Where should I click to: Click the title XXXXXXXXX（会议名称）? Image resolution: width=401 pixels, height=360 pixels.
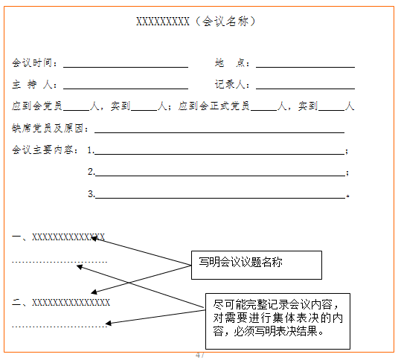coord(196,22)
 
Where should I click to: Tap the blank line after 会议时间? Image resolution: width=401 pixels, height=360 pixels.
coord(126,67)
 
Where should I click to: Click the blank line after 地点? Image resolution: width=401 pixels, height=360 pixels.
coord(305,67)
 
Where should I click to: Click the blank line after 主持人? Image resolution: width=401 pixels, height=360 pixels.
coord(126,89)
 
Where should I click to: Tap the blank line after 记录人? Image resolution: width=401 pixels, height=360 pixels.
coord(305,89)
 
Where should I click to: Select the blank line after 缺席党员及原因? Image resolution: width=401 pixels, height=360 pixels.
coord(219,132)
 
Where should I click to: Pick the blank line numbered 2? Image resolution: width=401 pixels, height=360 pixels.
coord(220,176)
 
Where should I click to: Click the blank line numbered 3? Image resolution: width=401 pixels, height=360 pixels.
coord(220,198)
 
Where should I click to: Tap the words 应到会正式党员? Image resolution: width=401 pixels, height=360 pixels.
coord(214,106)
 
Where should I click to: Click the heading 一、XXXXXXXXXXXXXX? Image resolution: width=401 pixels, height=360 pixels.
coord(58,237)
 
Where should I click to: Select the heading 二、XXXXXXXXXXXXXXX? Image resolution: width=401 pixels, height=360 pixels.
coord(61,303)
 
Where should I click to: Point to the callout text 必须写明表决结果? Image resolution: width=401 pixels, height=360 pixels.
coord(278,332)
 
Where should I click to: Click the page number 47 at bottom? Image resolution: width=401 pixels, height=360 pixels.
coord(200,355)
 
